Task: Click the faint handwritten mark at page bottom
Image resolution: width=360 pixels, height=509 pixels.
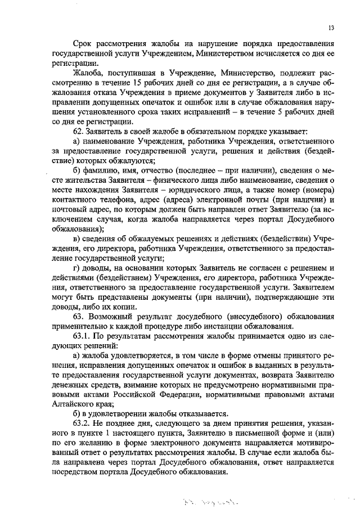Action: point(205,499)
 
